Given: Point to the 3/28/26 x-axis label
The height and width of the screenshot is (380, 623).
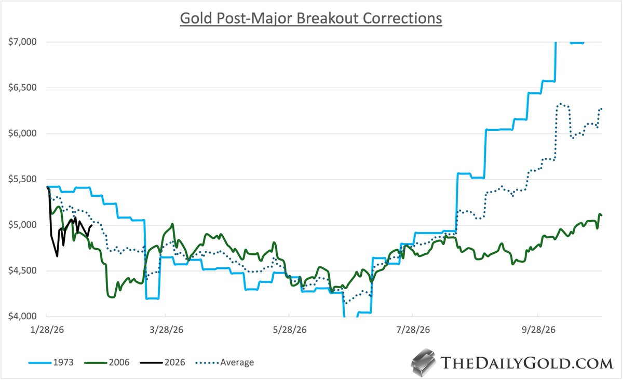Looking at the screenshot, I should click(x=166, y=330).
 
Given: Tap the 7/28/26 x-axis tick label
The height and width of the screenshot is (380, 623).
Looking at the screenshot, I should click(x=412, y=330).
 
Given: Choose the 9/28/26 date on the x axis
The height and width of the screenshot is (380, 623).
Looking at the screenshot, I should click(x=538, y=330).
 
